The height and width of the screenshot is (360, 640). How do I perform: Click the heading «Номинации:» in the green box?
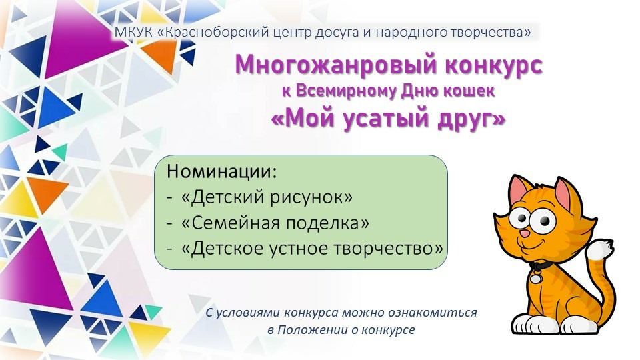[x=221, y=171]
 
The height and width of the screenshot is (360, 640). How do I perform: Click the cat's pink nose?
[x=525, y=234]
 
